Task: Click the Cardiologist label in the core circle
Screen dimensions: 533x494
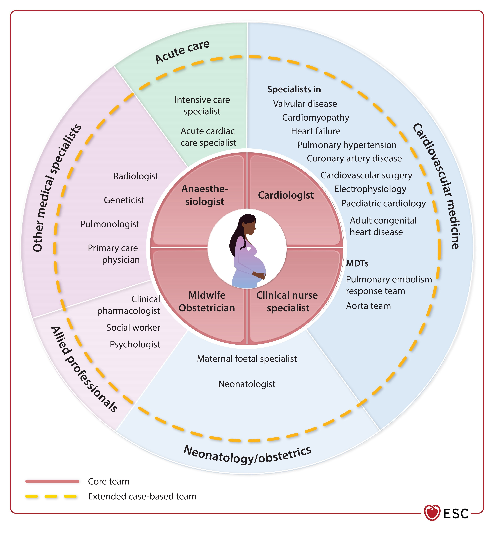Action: point(286,195)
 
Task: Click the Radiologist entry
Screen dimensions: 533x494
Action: point(136,176)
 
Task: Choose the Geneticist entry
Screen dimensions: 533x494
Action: point(124,200)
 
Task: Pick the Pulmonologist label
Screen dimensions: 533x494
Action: point(110,224)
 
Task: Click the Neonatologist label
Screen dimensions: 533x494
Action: point(247,384)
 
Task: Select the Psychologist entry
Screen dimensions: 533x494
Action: point(135,344)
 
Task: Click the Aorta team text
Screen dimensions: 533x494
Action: point(368,306)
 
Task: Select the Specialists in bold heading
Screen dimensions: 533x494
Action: point(294,89)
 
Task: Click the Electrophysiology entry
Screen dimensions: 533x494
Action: point(370,189)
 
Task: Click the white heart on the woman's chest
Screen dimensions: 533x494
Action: point(249,249)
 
